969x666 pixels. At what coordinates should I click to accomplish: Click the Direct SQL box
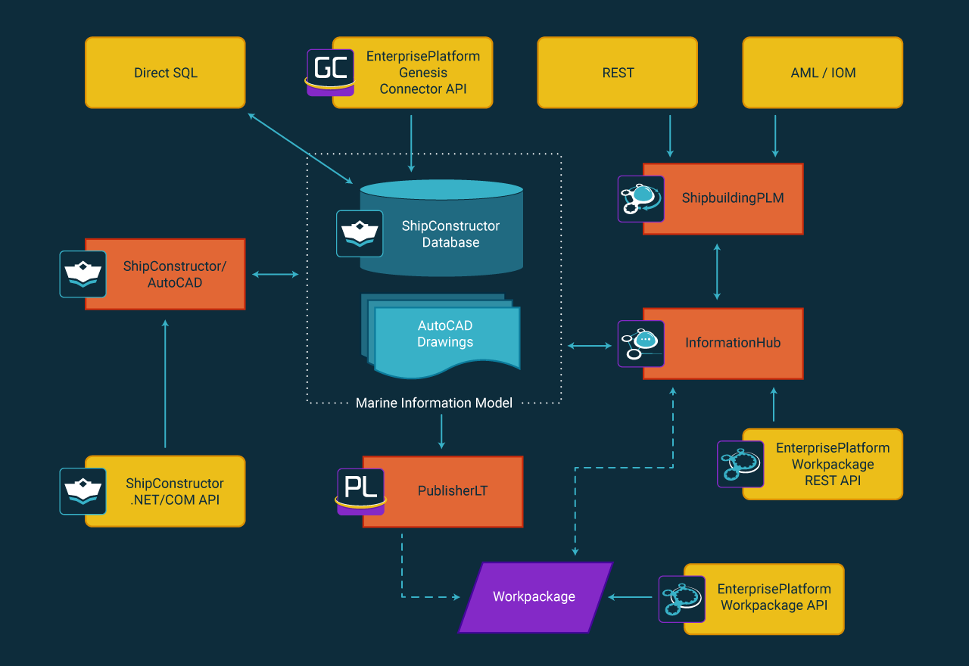tap(165, 73)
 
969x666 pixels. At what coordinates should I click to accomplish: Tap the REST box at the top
tap(617, 73)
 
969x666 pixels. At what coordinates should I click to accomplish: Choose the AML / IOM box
tap(822, 73)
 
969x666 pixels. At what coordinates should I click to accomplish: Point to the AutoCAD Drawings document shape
tap(445, 338)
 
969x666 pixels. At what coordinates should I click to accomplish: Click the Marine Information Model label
tap(434, 403)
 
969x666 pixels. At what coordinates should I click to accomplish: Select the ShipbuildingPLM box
tap(732, 199)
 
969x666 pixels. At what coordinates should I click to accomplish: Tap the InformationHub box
tap(732, 343)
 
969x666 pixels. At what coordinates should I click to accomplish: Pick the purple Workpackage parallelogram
tap(534, 597)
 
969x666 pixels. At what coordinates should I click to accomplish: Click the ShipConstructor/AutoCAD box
tap(174, 275)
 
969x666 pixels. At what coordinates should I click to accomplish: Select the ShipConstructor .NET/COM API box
tap(174, 491)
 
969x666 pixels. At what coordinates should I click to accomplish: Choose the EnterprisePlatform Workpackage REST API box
tap(831, 465)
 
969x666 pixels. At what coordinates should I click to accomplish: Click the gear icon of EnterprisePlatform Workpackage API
tap(682, 599)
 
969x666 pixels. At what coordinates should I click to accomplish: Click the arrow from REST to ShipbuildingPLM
tap(669, 136)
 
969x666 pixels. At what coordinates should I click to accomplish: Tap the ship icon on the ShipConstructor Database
tap(360, 233)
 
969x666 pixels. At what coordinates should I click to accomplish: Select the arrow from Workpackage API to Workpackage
tap(631, 597)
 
